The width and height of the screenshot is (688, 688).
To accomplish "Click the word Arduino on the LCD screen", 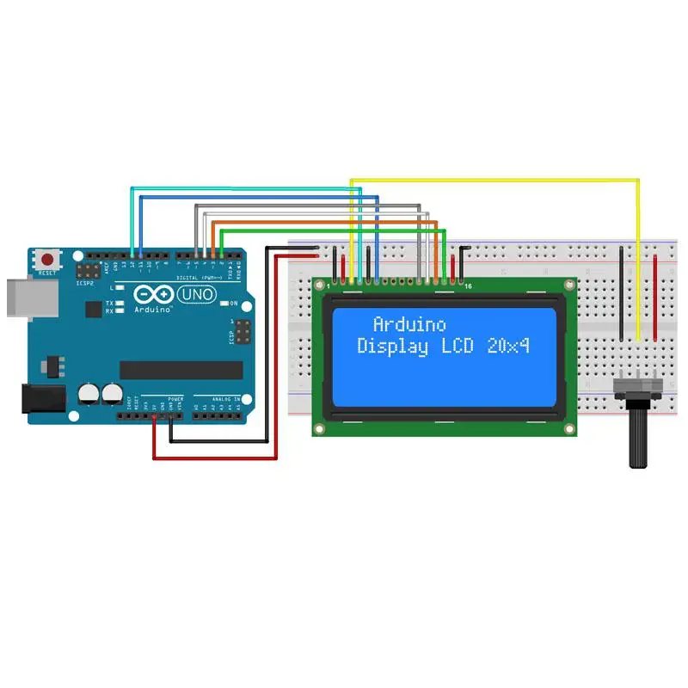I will coord(409,324).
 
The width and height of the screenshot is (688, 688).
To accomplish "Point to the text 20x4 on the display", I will coord(507,347).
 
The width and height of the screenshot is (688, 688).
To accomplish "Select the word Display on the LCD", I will coord(392,347).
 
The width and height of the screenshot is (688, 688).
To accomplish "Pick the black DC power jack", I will coord(40,397).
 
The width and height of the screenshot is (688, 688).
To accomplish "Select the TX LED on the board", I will coord(120,304).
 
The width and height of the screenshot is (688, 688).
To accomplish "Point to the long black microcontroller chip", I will coord(181,370).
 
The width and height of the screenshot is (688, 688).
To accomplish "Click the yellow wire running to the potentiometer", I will coord(638,258).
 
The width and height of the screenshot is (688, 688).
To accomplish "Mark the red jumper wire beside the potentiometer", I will coord(655,292).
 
